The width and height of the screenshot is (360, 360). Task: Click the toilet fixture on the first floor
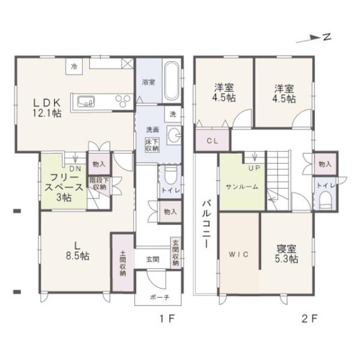[170, 175]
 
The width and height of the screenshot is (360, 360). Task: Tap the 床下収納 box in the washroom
[151, 145]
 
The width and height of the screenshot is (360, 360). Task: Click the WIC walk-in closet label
[238, 254]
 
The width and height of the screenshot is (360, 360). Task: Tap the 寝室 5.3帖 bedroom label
[287, 253]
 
